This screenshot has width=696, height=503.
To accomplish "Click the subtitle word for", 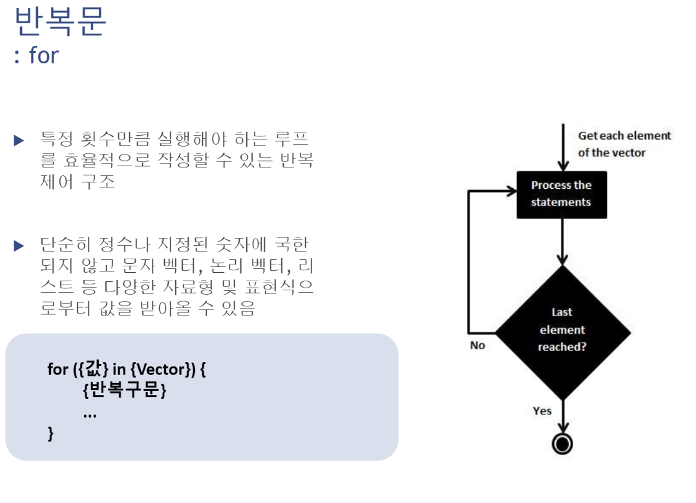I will (44, 56).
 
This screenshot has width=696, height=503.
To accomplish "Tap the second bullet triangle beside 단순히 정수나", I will (19, 246).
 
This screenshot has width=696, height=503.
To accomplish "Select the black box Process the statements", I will (562, 194).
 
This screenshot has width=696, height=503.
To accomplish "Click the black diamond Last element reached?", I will (562, 330).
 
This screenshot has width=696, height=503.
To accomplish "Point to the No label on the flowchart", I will (478, 345).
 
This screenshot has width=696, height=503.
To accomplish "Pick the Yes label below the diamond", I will (542, 411).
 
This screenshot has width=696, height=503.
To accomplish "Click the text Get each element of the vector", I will (624, 144).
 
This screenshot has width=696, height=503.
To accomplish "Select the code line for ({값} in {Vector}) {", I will (127, 370).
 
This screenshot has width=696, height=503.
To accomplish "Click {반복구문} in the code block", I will (125, 391).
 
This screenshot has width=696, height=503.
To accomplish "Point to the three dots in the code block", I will (90, 414).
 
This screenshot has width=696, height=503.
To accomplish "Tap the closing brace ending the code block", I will (51, 433).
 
